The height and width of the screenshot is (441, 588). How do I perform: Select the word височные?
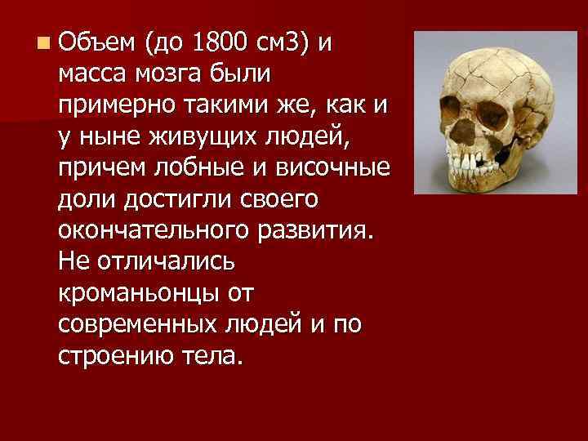coord(331,169)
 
